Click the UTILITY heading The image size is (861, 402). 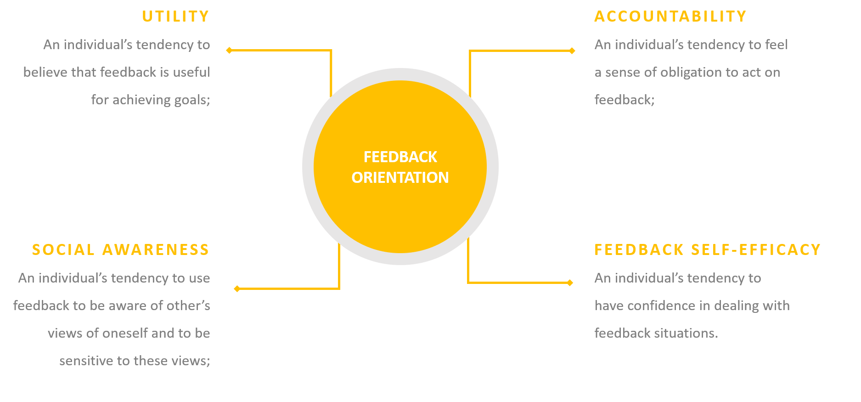coord(175,17)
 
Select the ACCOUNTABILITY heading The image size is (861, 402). coord(670,17)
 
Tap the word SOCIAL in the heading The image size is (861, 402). coord(63,250)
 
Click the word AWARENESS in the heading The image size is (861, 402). coord(156,250)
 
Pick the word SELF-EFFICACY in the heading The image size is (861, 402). coord(756,250)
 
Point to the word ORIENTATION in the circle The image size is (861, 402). coord(400,178)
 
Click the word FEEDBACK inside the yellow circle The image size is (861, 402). coord(400,157)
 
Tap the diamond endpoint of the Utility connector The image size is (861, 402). coord(229,50)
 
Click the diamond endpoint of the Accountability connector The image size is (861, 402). coord(572,51)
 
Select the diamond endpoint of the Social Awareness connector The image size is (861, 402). coord(237,289)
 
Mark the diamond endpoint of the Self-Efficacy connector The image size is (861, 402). coord(570,283)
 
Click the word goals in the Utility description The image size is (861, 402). coord(192,100)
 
